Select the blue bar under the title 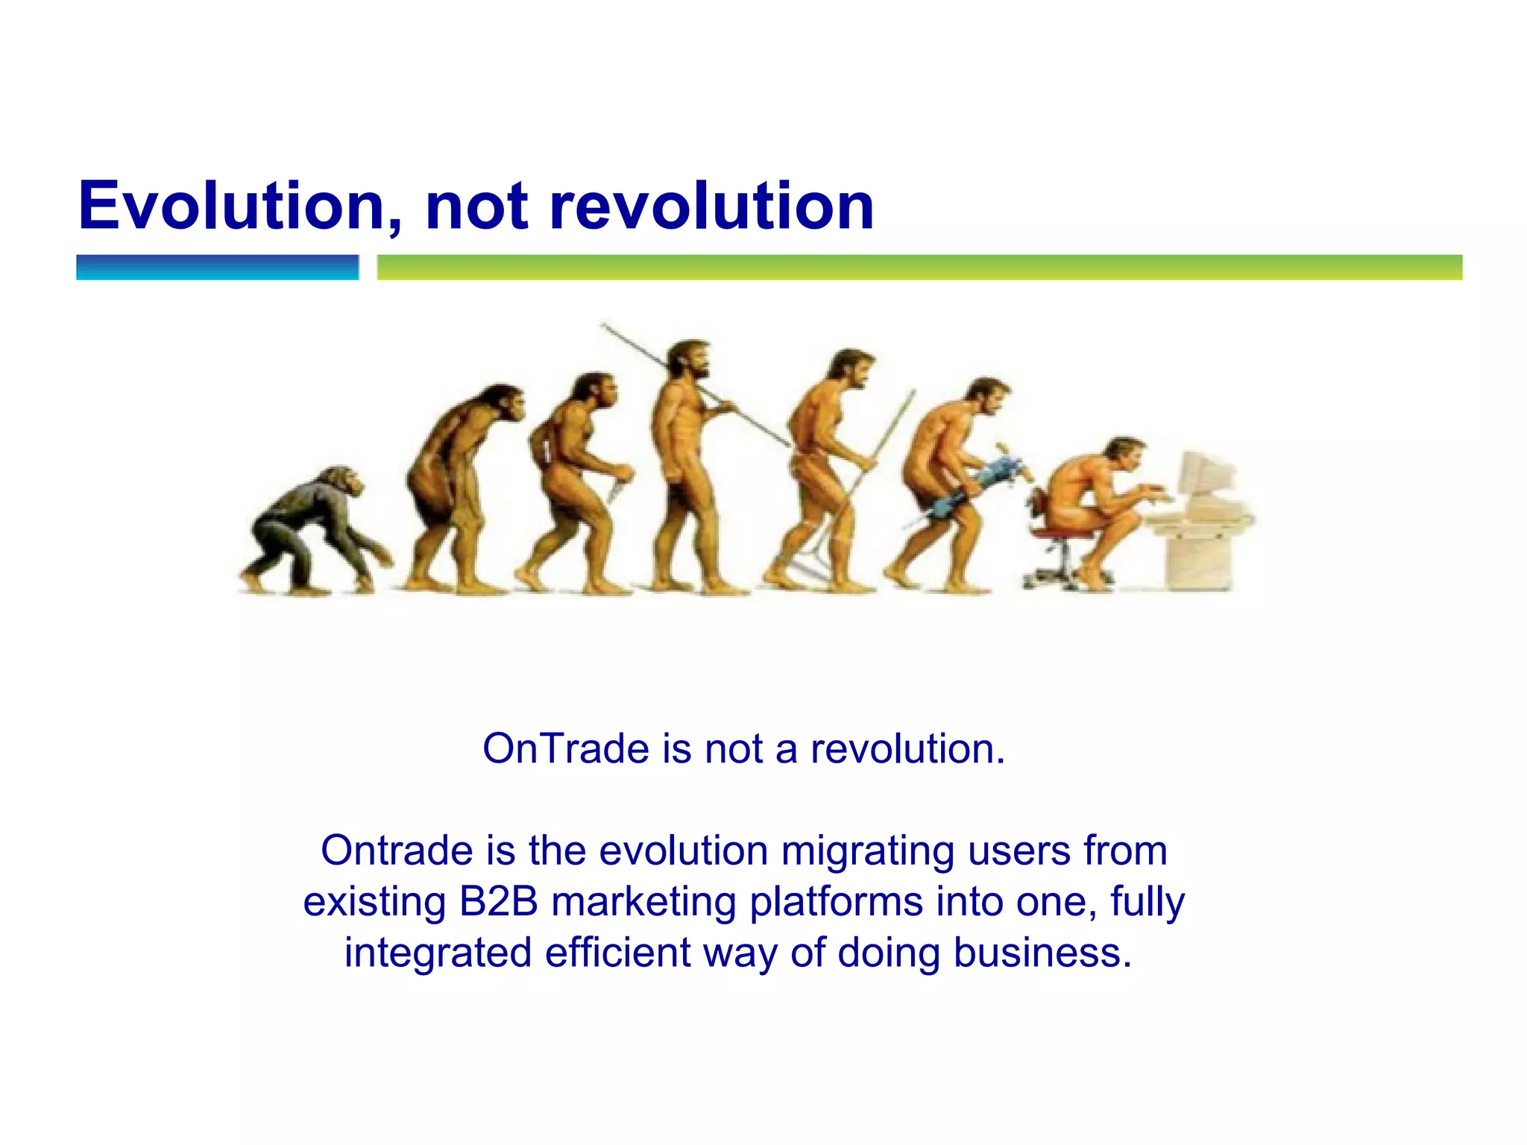click(x=217, y=267)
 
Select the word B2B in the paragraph click(x=498, y=901)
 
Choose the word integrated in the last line click(x=438, y=953)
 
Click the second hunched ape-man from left click(x=459, y=485)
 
